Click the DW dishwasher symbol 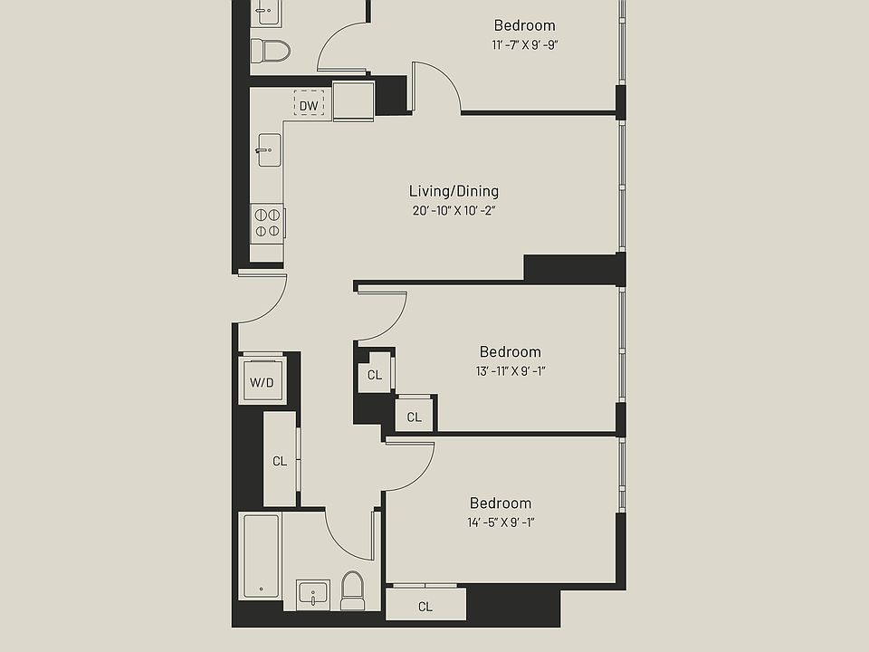pos(309,106)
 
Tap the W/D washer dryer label pos(262,382)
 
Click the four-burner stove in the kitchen pos(267,223)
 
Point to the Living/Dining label pos(454,191)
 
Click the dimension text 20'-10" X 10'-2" pos(454,211)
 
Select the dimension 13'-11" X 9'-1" pos(511,370)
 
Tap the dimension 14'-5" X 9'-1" pos(500,522)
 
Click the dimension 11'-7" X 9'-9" pos(524,44)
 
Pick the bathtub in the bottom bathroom pos(261,555)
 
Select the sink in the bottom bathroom pos(312,595)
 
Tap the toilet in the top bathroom pos(270,50)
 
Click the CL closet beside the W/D pos(280,461)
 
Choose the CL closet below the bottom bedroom pos(425,606)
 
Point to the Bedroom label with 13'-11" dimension pos(511,351)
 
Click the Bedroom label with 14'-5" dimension pos(500,503)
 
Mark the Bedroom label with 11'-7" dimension pos(524,25)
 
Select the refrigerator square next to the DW pos(353,100)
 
